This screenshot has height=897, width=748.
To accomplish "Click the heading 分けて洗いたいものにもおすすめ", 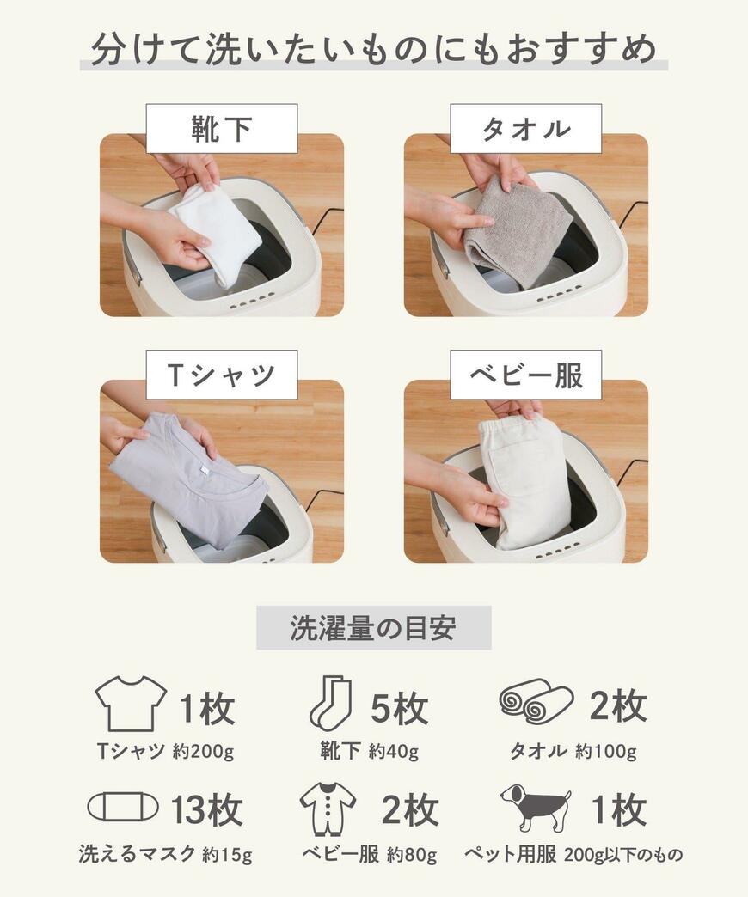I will (x=373, y=50).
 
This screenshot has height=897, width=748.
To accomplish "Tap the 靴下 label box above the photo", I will (x=221, y=129).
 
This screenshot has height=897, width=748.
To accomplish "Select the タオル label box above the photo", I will (x=525, y=129).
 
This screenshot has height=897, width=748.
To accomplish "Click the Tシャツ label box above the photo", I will (x=221, y=375).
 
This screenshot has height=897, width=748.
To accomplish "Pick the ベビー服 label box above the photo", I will (x=525, y=375).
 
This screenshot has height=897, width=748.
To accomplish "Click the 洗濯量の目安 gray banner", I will (x=373, y=628).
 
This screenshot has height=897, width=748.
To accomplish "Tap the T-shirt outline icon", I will (x=130, y=703).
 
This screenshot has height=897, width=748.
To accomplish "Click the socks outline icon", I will (x=330, y=703).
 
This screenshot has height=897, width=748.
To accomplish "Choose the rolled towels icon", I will (x=536, y=701).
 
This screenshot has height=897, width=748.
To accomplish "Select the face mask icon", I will (x=123, y=807).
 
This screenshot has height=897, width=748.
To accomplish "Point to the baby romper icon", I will (x=328, y=808).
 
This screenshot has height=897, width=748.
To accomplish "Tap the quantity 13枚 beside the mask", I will (x=206, y=809).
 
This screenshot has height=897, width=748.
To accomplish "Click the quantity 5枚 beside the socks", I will (x=399, y=709).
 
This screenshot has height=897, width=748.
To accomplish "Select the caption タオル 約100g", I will (x=573, y=752).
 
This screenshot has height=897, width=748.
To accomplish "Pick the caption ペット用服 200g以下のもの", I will (x=573, y=855).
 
